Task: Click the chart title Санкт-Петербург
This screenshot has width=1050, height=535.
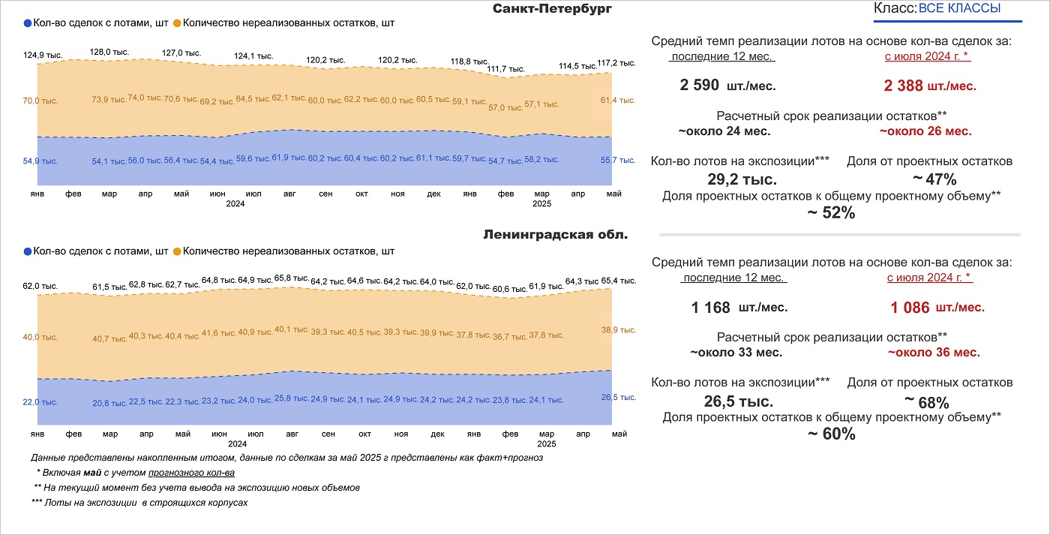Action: pyautogui.click(x=552, y=9)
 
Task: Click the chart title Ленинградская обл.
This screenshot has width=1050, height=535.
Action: pyautogui.click(x=556, y=234)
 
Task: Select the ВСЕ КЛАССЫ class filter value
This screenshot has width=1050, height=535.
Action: pyautogui.click(x=959, y=9)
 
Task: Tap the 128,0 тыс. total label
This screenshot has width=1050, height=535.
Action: pyautogui.click(x=109, y=53)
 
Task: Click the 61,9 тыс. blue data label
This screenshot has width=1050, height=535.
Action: pyautogui.click(x=289, y=158)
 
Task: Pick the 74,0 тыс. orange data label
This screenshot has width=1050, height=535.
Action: pyautogui.click(x=145, y=98)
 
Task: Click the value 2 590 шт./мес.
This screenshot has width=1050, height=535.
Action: pyautogui.click(x=727, y=86)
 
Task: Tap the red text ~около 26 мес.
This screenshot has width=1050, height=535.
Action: pyautogui.click(x=925, y=131)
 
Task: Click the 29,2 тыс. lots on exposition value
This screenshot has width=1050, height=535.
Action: pyautogui.click(x=742, y=180)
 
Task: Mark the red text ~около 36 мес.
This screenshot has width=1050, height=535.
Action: pyautogui.click(x=934, y=352)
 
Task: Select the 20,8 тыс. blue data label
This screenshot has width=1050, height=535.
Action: pyautogui.click(x=109, y=403)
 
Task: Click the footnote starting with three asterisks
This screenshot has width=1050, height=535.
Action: pyautogui.click(x=139, y=503)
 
